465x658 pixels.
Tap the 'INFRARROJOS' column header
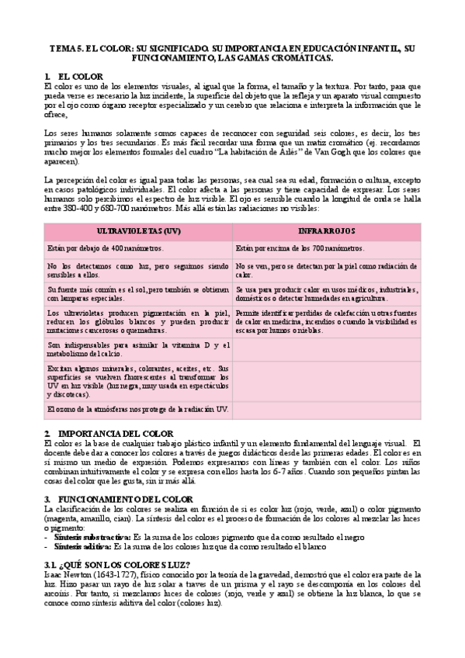326,232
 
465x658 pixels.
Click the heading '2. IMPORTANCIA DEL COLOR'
109,433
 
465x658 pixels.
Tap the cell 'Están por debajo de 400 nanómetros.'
106,248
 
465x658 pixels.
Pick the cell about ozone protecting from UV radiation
138,408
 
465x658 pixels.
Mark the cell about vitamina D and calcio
138,349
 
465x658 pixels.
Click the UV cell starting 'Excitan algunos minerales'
138,380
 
